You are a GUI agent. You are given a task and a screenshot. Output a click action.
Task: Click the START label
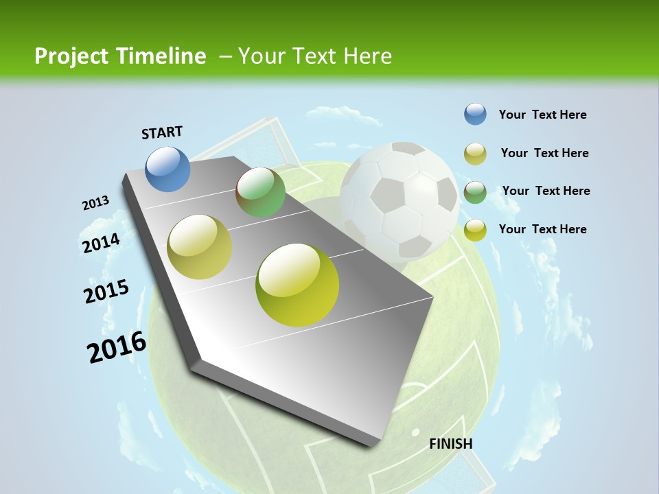[x=162, y=132]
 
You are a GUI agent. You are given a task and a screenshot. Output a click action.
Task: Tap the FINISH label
[x=450, y=444]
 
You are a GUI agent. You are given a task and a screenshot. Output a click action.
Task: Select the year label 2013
[x=95, y=203]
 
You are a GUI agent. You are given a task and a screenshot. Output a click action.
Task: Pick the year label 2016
[x=117, y=347]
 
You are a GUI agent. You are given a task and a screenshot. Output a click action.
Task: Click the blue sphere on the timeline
[x=168, y=169]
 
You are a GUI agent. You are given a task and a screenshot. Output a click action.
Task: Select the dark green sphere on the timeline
[x=261, y=192]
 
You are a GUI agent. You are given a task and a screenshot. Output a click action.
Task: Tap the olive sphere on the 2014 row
[x=200, y=246]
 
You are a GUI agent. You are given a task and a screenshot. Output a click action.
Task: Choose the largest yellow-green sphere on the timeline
[x=297, y=284]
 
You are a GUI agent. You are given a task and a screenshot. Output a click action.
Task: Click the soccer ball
[x=400, y=201]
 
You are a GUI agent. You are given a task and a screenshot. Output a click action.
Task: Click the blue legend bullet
[x=475, y=115]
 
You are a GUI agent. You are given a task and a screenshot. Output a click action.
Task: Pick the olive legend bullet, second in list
[x=475, y=154]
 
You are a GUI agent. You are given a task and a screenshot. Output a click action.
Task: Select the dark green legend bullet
[x=475, y=192]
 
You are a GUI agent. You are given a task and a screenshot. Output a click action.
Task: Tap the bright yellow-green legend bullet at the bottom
[x=475, y=230]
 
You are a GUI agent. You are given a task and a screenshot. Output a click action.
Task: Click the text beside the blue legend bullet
[x=542, y=115]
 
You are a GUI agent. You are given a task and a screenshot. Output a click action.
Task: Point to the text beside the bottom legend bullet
[x=542, y=229]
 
